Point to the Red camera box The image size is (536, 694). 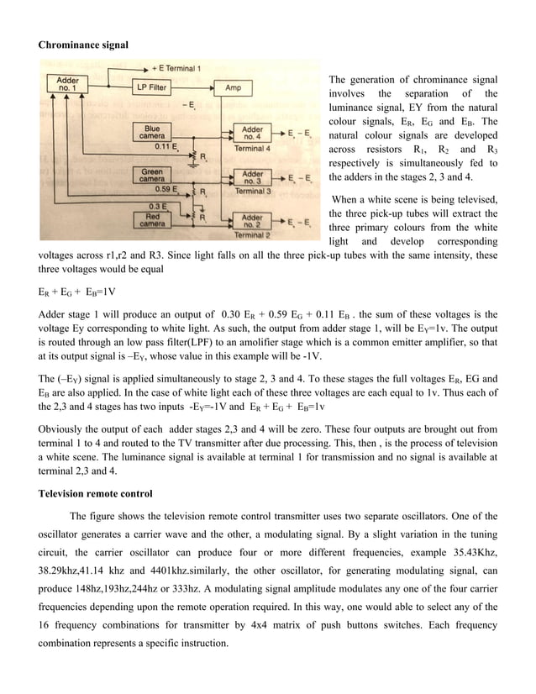[152, 219]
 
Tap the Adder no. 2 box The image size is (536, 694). [252, 221]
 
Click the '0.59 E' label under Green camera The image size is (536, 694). [158, 190]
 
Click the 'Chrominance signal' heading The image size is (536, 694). [84, 43]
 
